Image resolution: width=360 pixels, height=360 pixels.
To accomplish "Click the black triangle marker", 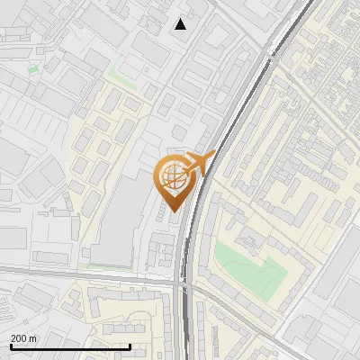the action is coord(181,24).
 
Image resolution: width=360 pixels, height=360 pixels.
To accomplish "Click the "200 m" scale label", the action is coord(23,337).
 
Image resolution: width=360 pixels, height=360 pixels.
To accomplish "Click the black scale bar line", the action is coord(70,346).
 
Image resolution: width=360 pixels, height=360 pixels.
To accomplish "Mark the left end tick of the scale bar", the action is coord(11,345).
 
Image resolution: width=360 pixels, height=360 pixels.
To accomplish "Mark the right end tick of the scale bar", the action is coord(130,345).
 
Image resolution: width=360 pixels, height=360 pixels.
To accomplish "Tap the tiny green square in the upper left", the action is coord(33,69).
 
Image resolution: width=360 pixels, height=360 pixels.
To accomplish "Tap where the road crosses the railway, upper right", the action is coord(270,54).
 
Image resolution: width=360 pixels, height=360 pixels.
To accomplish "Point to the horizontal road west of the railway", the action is coord(90,275).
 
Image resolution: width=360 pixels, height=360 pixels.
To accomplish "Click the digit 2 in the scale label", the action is coord(13,337).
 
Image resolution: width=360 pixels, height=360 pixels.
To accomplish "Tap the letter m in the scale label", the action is coord(33,337).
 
